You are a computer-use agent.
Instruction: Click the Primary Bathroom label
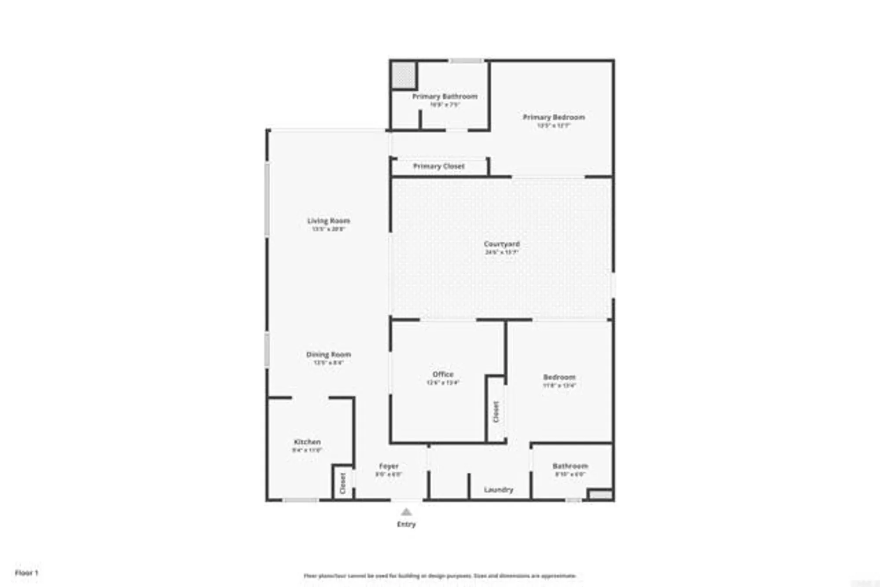click(x=444, y=96)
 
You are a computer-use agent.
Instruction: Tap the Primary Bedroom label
click(x=554, y=117)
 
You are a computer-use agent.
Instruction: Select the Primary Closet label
click(x=439, y=166)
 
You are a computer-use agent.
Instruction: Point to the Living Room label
click(x=328, y=220)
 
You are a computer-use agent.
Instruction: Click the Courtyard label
click(x=502, y=244)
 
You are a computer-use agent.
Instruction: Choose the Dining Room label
click(x=328, y=354)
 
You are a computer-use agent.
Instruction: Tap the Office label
click(x=443, y=374)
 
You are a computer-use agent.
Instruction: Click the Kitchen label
click(x=307, y=442)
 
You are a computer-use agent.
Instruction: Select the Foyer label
click(x=389, y=466)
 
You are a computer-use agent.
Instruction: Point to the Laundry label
click(x=498, y=489)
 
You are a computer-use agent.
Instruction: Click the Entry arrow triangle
click(x=406, y=512)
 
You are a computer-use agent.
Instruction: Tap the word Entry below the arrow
click(x=406, y=524)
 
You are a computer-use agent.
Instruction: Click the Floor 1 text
click(x=27, y=572)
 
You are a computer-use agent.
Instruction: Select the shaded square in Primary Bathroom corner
click(x=403, y=75)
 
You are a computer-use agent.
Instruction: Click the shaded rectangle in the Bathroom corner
click(x=601, y=495)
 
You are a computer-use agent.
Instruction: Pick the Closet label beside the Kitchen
click(x=343, y=483)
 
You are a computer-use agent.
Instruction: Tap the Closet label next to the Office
click(x=496, y=412)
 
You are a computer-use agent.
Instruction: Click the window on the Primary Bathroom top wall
click(x=466, y=61)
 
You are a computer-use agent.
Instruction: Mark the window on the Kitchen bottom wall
click(x=300, y=500)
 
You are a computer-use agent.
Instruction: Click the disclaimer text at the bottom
click(x=440, y=576)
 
